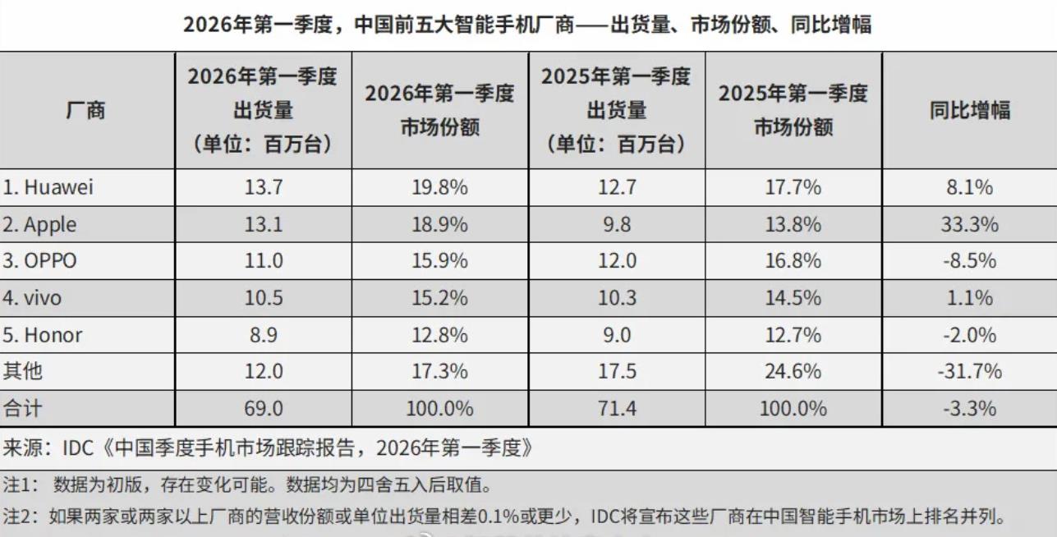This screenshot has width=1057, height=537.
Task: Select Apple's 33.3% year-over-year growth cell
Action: (969, 224)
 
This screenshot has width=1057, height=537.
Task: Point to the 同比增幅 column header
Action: (969, 110)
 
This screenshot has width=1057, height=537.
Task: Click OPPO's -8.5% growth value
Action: (969, 261)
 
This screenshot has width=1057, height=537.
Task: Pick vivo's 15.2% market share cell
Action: (439, 298)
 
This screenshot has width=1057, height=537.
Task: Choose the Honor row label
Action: (43, 335)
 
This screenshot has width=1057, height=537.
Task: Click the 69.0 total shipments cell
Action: (263, 408)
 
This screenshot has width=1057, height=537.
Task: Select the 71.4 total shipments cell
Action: (616, 408)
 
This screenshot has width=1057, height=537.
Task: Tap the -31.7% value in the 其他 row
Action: (969, 371)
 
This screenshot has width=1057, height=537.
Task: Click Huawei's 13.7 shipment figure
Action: (263, 187)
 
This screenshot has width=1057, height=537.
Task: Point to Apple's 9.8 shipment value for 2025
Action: (616, 224)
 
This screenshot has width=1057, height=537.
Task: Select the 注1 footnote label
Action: (20, 484)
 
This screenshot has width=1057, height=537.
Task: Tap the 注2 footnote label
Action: (20, 517)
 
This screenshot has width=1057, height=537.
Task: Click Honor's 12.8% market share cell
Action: (439, 335)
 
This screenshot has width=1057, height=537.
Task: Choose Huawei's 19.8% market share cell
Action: (439, 187)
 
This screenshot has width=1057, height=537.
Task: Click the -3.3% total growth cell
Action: (969, 408)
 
